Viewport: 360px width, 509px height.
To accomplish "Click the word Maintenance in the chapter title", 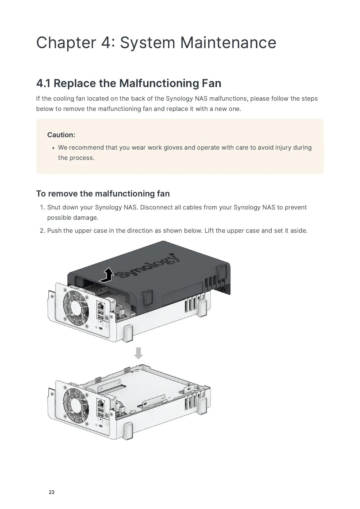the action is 228,42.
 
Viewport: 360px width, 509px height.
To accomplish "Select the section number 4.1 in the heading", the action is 43,83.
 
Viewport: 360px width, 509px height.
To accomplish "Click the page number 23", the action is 51,492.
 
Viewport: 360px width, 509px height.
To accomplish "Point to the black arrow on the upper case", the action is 107,275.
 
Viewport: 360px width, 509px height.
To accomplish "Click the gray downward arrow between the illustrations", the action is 138,353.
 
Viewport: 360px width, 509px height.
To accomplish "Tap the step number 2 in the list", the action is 42,231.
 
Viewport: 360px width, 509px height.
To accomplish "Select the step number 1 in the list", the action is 42,207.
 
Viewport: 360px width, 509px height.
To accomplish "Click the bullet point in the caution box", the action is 53,148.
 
